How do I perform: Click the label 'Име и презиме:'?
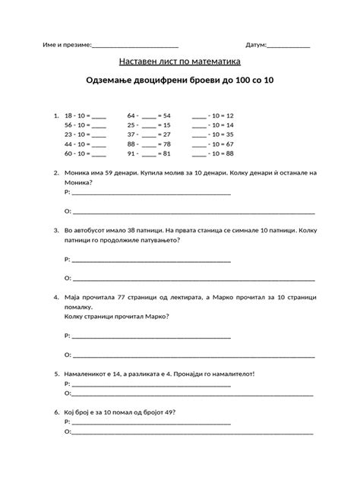(66, 46)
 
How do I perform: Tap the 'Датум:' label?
(256, 46)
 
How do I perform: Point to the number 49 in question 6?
(174, 412)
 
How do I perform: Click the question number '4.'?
(57, 297)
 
